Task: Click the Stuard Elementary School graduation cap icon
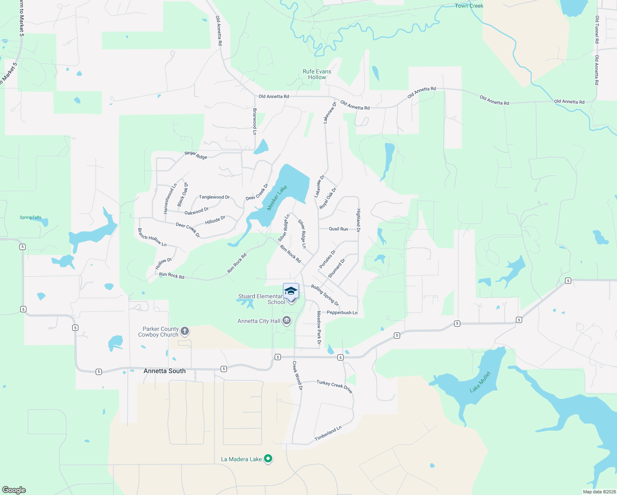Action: pos(291,291)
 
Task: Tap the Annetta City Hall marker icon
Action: pos(287,321)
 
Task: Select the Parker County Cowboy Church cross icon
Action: pos(185,331)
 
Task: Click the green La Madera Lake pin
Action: pos(268,458)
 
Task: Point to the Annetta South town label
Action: pos(165,371)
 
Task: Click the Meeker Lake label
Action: pos(277,198)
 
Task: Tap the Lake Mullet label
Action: pos(480,382)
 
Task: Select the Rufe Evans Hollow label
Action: pos(317,74)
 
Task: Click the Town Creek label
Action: pos(469,6)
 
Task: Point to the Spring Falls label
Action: pos(31,217)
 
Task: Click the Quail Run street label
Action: pos(338,229)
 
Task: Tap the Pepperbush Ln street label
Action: pos(342,313)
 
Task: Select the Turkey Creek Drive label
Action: pos(334,386)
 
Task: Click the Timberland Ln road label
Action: pos(328,434)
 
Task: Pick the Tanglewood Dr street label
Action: pos(214,197)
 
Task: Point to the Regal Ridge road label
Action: pos(196,155)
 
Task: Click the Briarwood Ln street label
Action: pos(255,122)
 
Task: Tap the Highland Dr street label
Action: pos(358,220)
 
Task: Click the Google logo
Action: pos(14,490)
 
